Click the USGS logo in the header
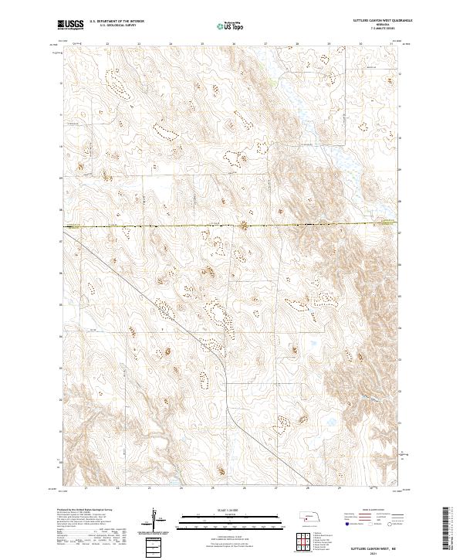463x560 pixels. (x=70, y=25)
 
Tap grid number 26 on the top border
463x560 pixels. (x=234, y=44)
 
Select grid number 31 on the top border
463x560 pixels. (x=392, y=44)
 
